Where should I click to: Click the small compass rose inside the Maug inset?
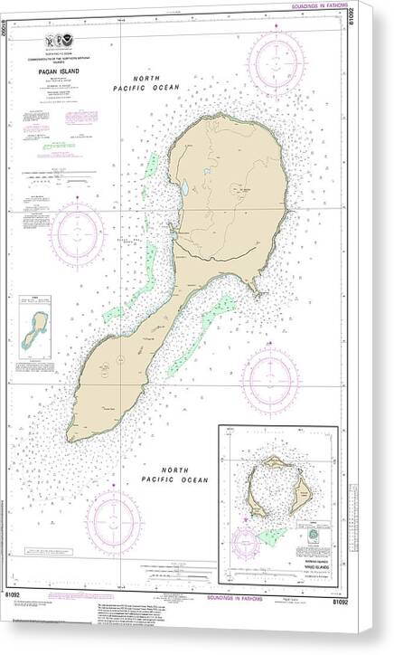pyautogui.click(x=247, y=544)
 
